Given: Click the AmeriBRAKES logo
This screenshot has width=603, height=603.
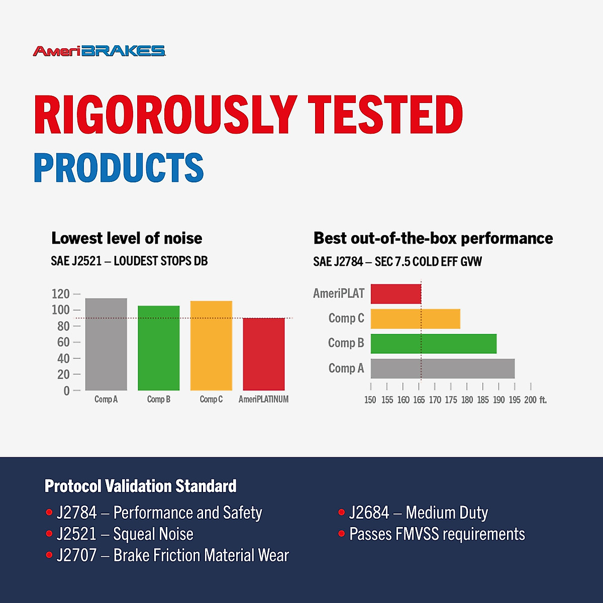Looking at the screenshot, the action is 99,51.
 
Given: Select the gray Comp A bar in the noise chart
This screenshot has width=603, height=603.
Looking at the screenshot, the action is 106,344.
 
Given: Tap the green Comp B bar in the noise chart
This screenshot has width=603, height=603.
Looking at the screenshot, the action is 159,348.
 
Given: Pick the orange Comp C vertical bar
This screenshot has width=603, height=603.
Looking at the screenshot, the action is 211,345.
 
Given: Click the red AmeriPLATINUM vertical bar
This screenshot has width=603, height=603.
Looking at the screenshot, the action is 264,354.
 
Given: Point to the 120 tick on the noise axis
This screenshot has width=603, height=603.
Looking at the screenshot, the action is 60,294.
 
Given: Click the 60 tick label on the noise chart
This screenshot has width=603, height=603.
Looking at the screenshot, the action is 63,342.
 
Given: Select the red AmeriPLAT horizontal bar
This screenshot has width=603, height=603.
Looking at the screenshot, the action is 396,294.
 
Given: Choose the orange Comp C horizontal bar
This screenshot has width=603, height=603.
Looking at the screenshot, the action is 416,319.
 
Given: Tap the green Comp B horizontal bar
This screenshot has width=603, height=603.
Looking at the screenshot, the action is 434,344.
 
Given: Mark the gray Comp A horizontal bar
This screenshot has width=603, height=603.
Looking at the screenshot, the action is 443,369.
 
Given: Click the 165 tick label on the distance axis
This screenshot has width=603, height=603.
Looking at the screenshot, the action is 419,400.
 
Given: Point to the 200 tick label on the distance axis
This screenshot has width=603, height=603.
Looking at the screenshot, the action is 531,400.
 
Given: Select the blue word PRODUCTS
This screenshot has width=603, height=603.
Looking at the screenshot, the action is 119,167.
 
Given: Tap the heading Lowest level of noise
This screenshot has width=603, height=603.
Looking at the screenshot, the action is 127,238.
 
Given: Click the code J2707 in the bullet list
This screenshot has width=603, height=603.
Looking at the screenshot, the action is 76,555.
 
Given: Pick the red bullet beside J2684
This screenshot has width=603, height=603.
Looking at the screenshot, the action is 341,513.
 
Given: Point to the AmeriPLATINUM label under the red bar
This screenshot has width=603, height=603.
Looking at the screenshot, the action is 263,399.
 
